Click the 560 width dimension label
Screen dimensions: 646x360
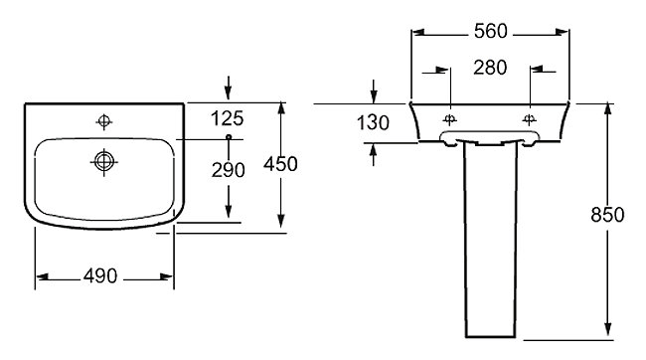click(490, 32)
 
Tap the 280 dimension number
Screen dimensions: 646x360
click(490, 68)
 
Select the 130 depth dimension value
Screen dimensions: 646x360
click(373, 123)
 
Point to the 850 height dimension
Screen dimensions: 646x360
click(607, 215)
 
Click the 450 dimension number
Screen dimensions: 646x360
click(280, 164)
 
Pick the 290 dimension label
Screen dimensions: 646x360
click(229, 170)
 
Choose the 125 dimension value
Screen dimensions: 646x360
click(227, 118)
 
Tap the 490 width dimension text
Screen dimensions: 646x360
click(100, 275)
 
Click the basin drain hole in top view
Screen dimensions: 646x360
click(103, 162)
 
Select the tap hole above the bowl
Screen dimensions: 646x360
click(103, 121)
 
